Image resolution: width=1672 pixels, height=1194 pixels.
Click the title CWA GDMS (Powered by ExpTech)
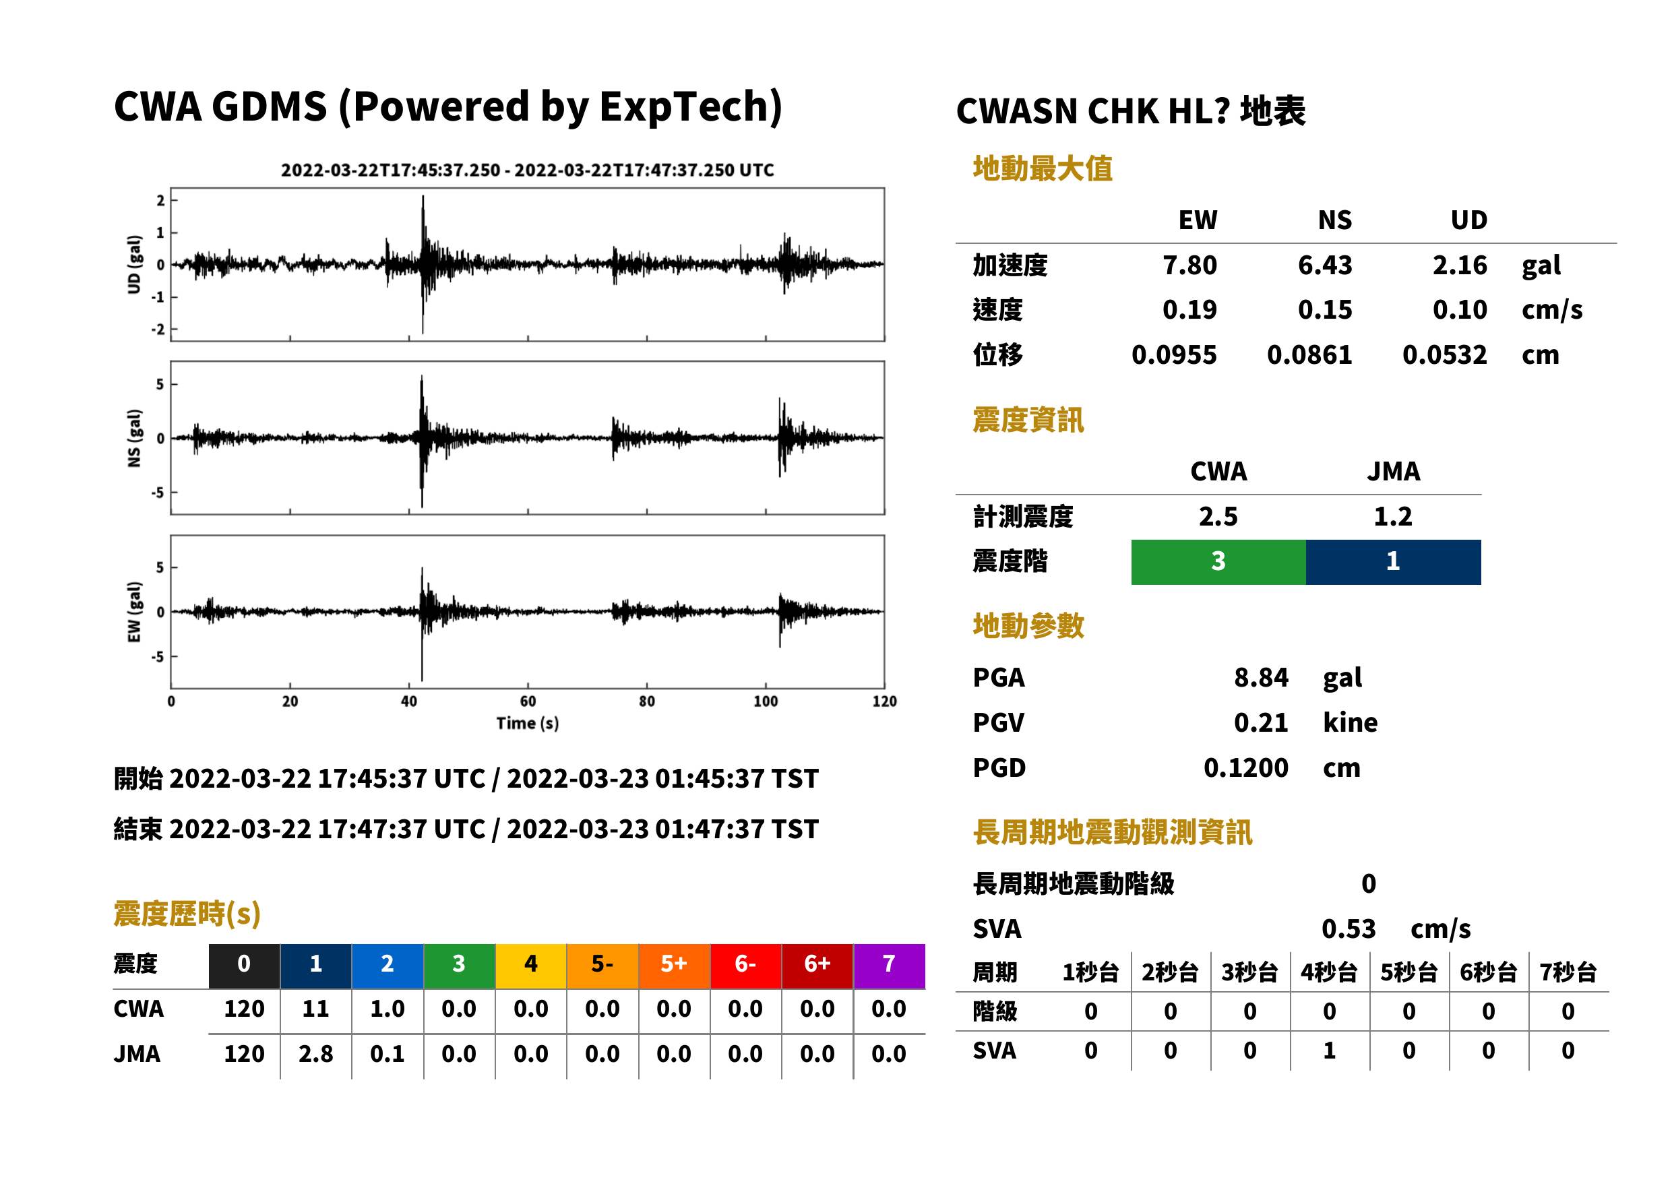[447, 107]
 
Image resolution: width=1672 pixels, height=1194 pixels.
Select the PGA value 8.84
[1261, 677]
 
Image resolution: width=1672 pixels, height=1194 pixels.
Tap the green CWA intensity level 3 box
[1218, 562]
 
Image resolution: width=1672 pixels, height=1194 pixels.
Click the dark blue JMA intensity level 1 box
[1394, 562]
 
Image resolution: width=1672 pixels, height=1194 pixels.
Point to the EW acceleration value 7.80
[1189, 265]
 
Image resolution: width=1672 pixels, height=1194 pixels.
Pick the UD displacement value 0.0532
[1444, 354]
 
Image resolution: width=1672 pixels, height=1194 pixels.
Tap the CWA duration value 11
[315, 1009]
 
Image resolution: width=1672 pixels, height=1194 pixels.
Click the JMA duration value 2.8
[315, 1054]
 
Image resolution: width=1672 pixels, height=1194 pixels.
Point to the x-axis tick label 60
[528, 701]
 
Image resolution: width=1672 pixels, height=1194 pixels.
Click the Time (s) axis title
[527, 724]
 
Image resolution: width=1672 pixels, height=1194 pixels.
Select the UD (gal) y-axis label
[134, 265]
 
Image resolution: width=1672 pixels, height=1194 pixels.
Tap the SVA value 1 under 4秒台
[1330, 1050]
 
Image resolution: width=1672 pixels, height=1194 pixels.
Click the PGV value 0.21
[1261, 723]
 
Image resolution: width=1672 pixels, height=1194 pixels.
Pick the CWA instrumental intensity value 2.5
[1218, 517]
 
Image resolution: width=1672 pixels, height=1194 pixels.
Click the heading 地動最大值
[1043, 168]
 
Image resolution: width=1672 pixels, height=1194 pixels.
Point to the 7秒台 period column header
[1568, 972]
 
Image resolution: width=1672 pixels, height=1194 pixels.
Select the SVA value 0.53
[1349, 929]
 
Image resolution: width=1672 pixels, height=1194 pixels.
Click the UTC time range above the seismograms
[527, 170]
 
